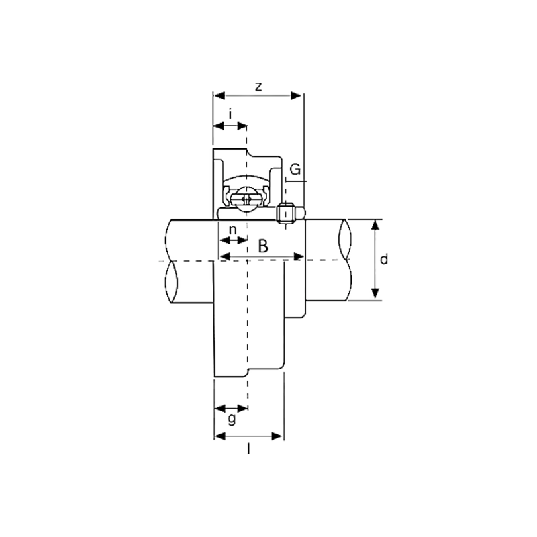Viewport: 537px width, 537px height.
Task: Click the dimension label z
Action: (258, 87)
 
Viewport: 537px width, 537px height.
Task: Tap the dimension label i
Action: (230, 113)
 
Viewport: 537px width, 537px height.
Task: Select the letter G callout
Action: (295, 169)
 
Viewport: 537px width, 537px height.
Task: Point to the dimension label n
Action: (232, 230)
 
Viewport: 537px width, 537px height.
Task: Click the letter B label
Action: (263, 246)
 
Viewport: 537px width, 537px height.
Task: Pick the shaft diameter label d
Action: (384, 259)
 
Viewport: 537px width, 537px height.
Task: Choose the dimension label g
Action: (232, 419)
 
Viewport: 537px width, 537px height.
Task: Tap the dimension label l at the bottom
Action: (248, 448)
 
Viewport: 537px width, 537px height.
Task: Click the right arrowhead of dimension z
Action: (296, 95)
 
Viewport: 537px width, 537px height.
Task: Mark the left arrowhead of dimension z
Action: (219, 95)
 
